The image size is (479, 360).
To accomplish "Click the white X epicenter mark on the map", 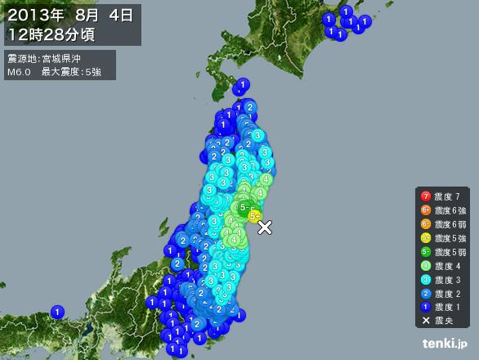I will point(265,227).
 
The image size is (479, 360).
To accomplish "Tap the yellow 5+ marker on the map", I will point(255,216).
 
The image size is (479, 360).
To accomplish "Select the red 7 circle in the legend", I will point(425,196).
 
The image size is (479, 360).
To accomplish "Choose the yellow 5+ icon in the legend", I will point(425,238).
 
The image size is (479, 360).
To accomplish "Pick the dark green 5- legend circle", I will point(425,252).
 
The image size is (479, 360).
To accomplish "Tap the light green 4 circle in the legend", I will point(425,266).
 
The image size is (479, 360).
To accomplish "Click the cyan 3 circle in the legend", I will point(425,280).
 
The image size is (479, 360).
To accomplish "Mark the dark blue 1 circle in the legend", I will point(425,308).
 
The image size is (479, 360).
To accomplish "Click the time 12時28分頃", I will point(49,34).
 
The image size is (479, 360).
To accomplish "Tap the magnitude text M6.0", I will point(19,72).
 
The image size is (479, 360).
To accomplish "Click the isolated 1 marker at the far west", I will point(57,312).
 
